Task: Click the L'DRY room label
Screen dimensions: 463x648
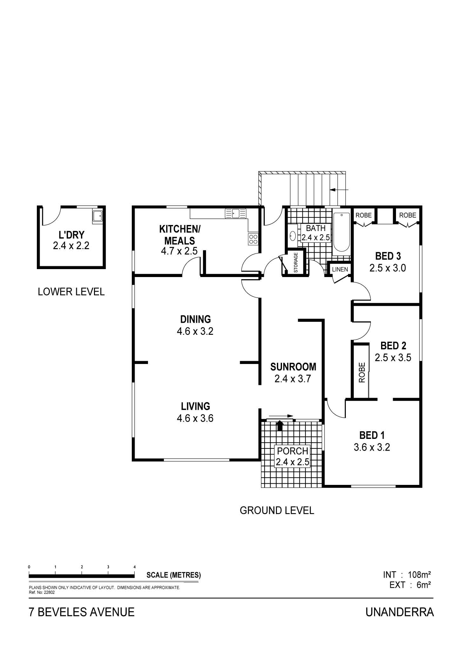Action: tap(71, 235)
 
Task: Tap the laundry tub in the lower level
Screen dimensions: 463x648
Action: tap(97, 216)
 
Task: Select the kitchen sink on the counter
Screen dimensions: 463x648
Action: tap(236, 213)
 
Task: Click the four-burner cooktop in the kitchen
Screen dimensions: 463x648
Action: tap(253, 239)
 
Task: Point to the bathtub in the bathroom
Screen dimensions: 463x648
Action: tap(341, 232)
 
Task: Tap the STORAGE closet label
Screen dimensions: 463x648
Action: tap(296, 262)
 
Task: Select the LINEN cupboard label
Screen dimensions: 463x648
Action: tap(340, 269)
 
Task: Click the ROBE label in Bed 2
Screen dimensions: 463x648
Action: tap(362, 372)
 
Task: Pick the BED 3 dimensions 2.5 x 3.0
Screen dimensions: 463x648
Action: tap(388, 268)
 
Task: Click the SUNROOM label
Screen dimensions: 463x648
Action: tap(293, 367)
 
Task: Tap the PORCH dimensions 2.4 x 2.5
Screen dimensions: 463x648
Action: tap(292, 462)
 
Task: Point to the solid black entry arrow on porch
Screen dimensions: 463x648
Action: tap(280, 425)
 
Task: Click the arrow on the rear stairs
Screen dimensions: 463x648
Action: tap(339, 190)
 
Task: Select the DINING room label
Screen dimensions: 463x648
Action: tap(195, 319)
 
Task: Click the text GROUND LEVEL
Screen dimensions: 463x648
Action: tap(277, 510)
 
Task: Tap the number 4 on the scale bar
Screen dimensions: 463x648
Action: tap(135, 566)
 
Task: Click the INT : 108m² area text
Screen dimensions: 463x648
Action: tap(407, 574)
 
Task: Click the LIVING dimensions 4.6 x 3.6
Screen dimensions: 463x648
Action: tap(195, 418)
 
